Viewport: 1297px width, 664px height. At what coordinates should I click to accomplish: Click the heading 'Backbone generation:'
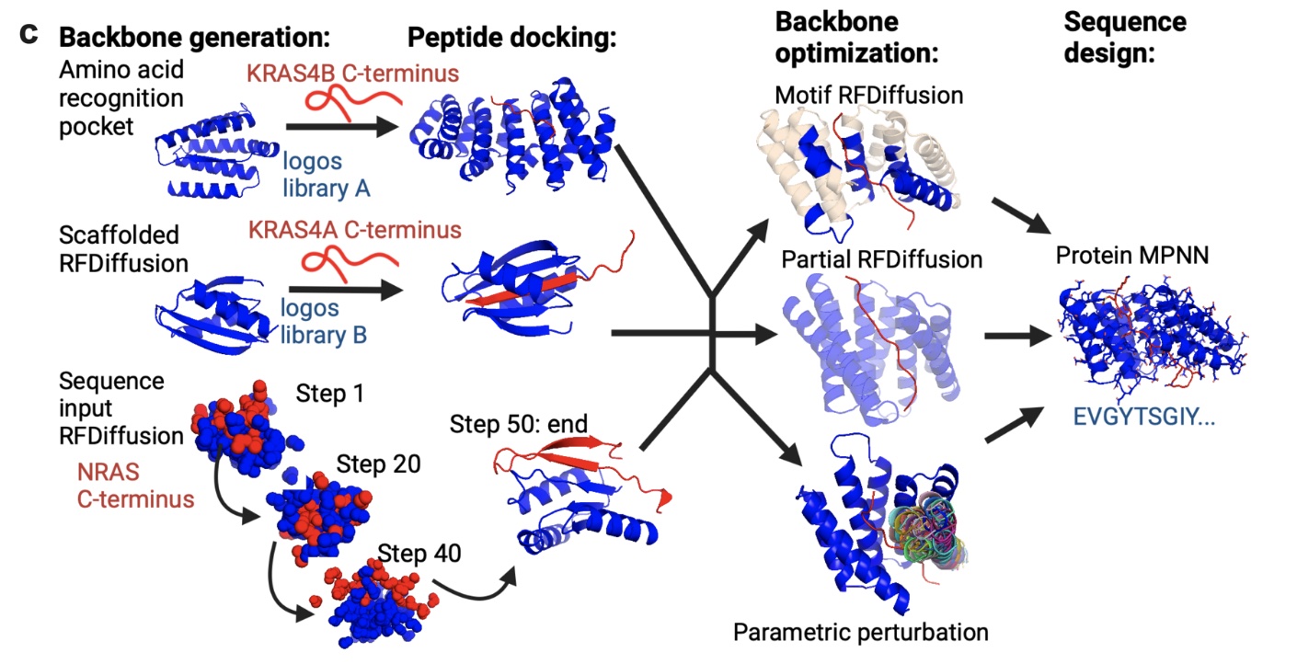[194, 38]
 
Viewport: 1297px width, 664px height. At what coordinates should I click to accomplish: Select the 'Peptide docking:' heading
[511, 38]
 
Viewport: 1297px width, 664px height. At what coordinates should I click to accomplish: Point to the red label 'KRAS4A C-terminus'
[353, 228]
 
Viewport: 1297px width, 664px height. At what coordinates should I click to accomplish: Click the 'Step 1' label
[329, 394]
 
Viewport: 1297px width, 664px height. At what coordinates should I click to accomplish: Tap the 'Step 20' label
[378, 464]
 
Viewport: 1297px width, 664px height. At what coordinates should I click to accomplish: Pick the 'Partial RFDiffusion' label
[881, 260]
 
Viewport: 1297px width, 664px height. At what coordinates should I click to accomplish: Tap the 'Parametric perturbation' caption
[861, 633]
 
